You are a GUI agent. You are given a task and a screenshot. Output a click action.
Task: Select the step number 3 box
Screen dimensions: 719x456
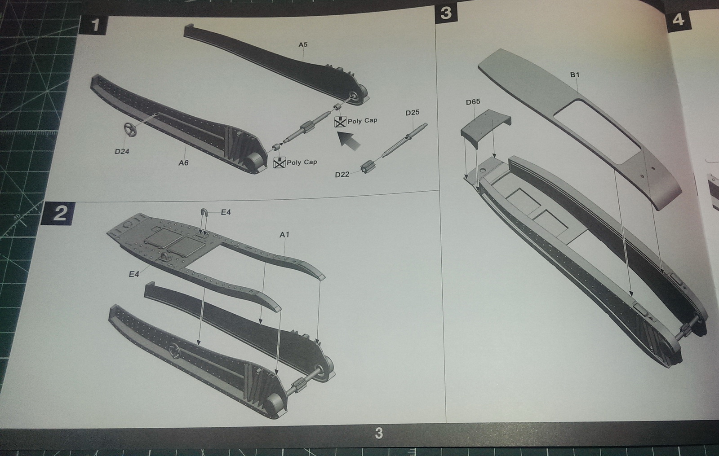(x=445, y=13)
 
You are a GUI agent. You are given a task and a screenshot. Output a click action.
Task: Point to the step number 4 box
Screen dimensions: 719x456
(x=678, y=20)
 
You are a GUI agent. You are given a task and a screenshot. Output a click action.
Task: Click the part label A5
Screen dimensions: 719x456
(x=303, y=44)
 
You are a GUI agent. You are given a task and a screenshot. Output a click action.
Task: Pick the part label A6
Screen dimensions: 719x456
(x=183, y=163)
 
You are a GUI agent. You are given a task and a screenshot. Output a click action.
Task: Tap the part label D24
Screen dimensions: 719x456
(x=122, y=151)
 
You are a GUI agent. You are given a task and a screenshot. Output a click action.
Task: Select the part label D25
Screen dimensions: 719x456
(x=412, y=113)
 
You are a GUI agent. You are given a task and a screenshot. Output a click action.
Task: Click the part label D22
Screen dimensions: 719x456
(x=342, y=175)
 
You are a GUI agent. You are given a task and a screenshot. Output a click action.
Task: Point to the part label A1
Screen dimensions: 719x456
(x=284, y=234)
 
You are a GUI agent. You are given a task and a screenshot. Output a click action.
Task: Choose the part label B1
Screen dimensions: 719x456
(x=575, y=75)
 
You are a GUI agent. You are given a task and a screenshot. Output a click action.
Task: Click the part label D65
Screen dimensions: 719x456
(x=473, y=102)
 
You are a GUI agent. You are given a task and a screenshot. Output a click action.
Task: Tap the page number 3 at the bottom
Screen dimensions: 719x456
(x=379, y=434)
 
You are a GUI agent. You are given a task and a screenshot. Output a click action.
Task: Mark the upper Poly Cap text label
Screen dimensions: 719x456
(x=362, y=121)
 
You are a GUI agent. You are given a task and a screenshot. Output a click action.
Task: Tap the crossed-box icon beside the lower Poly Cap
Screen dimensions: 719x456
(x=280, y=163)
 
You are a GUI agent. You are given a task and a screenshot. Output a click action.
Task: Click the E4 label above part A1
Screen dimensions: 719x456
(x=226, y=212)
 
